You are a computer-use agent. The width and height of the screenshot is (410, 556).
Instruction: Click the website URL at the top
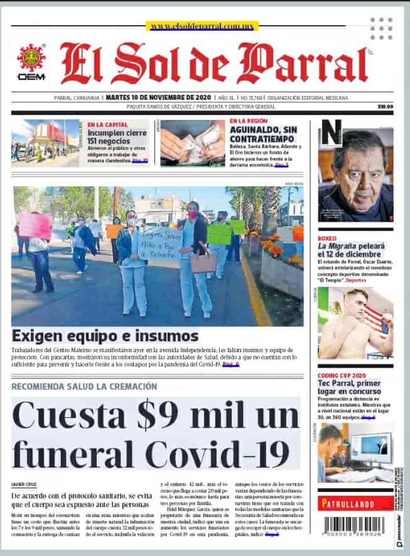click(x=202, y=26)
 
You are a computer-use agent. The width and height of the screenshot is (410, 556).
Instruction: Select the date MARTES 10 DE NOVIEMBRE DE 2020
click(x=158, y=97)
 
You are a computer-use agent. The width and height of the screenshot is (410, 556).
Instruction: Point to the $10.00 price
click(x=385, y=107)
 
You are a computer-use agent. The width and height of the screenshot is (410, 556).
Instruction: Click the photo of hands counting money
click(x=192, y=142)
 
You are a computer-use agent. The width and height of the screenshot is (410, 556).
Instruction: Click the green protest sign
click(x=219, y=233)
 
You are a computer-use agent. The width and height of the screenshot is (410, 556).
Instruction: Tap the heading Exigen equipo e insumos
click(x=105, y=335)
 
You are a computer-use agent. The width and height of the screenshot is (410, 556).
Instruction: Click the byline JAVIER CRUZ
click(x=23, y=484)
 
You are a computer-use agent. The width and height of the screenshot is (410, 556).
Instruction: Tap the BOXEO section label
click(x=327, y=238)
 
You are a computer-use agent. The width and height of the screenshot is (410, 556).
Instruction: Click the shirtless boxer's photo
click(x=355, y=323)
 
